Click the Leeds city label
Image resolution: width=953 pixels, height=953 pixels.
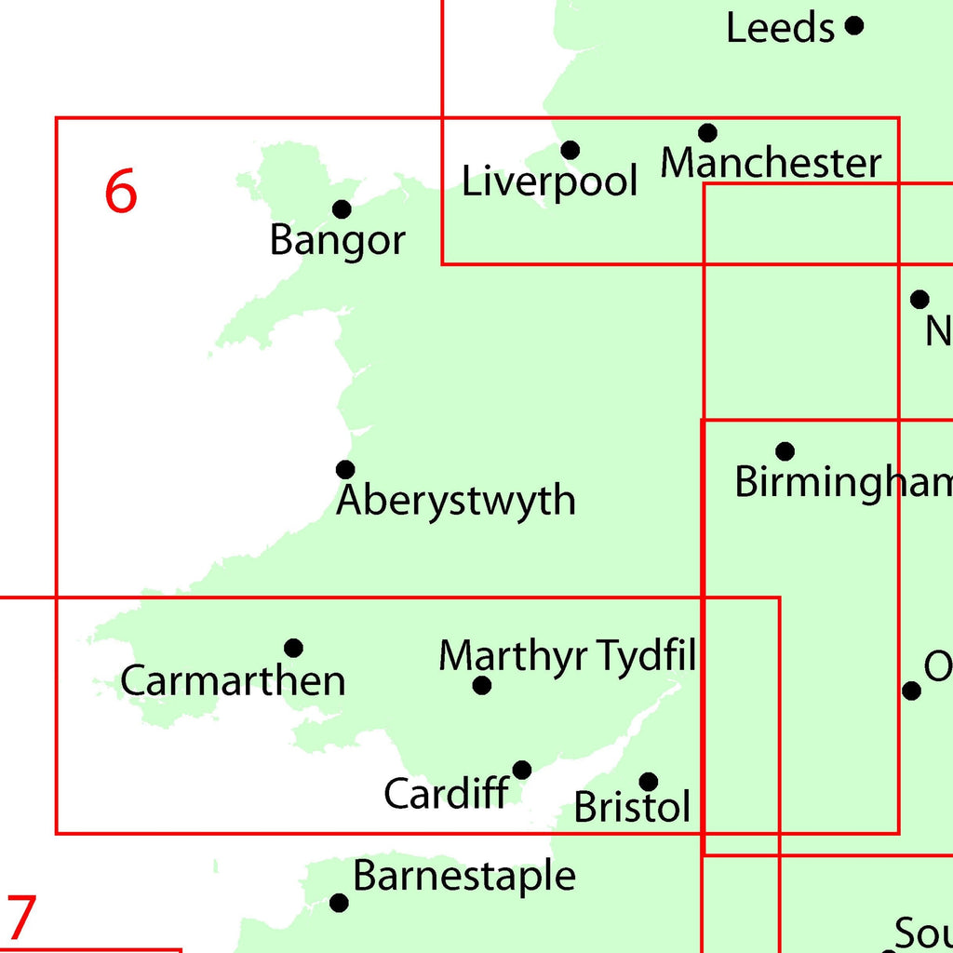pyautogui.click(x=780, y=29)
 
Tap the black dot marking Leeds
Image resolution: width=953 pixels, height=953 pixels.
pyautogui.click(x=854, y=25)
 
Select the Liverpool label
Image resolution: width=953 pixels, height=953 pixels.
pyautogui.click(x=550, y=181)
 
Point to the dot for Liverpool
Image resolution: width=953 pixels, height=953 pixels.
pyautogui.click(x=570, y=150)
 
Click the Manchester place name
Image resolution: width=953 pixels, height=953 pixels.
pyautogui.click(x=771, y=164)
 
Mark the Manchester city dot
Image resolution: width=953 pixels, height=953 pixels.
pyautogui.click(x=708, y=132)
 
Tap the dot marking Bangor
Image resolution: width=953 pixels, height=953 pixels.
pyautogui.click(x=342, y=208)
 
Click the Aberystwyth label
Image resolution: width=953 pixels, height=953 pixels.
pyautogui.click(x=456, y=502)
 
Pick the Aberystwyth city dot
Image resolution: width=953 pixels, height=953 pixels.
pyautogui.click(x=345, y=469)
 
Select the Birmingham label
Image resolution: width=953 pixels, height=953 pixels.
pyautogui.click(x=843, y=483)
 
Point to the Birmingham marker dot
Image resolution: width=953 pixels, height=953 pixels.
pyautogui.click(x=785, y=451)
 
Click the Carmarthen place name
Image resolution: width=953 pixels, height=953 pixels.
pyautogui.click(x=233, y=681)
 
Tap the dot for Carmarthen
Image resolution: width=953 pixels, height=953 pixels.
pyautogui.click(x=293, y=648)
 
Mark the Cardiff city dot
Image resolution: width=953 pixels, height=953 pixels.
pyautogui.click(x=522, y=770)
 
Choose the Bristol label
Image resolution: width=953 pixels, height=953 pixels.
pyautogui.click(x=633, y=808)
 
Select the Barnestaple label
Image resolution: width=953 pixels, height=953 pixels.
pyautogui.click(x=464, y=877)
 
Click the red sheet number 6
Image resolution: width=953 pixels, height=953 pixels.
pyautogui.click(x=121, y=192)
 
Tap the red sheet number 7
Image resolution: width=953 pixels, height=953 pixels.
pyautogui.click(x=20, y=918)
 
